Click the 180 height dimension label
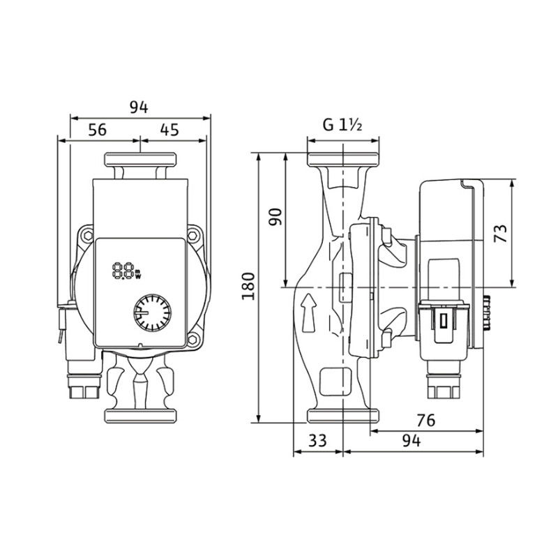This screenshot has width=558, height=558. click(248, 286)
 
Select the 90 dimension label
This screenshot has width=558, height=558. click(275, 217)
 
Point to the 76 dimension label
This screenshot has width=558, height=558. click(425, 421)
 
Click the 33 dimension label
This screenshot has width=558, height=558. click(317, 441)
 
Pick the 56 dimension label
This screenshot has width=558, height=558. click(97, 130)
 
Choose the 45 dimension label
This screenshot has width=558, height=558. click(169, 130)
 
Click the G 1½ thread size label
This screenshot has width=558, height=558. click(342, 125)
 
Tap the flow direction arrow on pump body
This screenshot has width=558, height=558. click(308, 312)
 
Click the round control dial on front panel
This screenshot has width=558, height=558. click(152, 312)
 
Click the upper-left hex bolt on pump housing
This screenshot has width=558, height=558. click(86, 235)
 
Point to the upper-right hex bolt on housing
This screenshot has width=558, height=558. click(193, 235)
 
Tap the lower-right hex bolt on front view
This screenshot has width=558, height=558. click(193, 339)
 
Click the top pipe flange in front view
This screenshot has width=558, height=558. click(140, 160)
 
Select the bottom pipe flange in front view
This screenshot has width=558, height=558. click(140, 416)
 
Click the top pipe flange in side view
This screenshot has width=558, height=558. click(343, 160)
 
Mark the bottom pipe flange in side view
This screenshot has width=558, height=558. click(343, 416)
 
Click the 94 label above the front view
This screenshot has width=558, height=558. click(138, 107)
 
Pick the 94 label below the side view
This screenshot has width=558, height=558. click(412, 441)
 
